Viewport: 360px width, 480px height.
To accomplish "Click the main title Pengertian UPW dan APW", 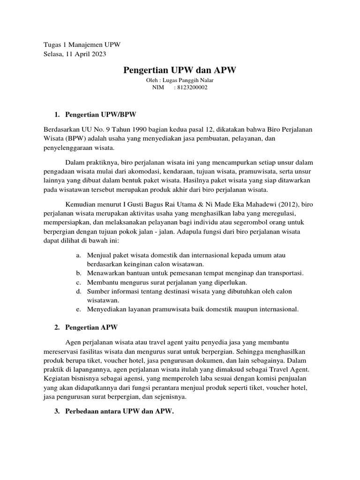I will point(180,70).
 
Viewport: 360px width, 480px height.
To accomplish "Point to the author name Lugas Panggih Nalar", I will point(190,80).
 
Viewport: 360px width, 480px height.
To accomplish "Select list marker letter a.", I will point(77,255).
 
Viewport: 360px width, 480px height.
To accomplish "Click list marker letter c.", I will point(77,282).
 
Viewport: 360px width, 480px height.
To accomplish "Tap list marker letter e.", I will point(77,309).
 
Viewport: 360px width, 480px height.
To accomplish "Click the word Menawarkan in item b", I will point(105,273).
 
